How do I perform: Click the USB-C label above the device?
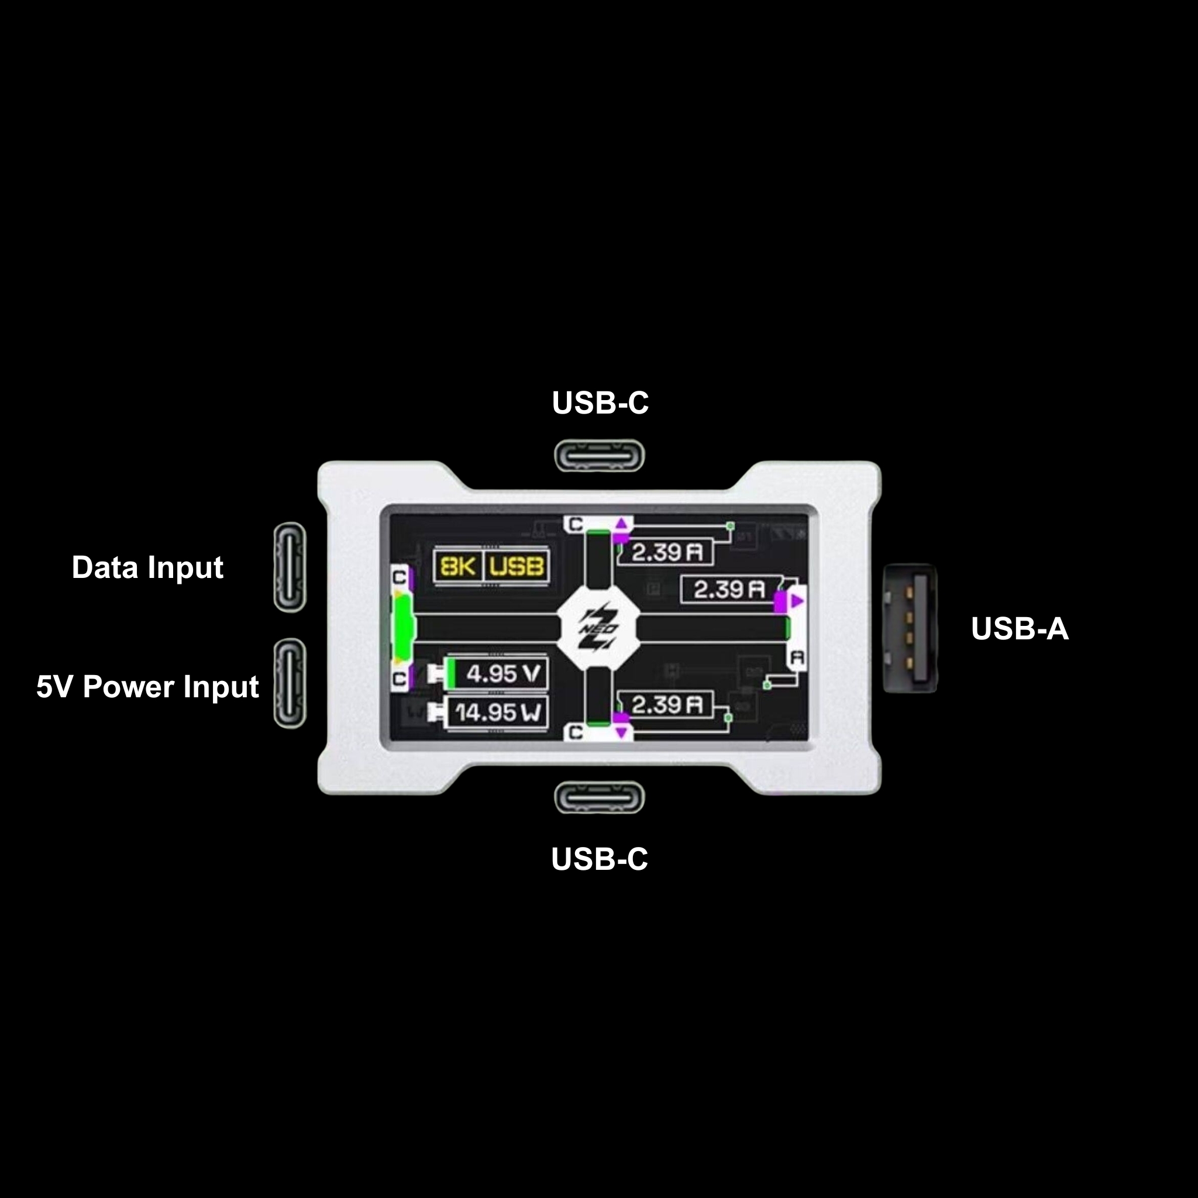tap(600, 403)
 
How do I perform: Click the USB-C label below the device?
tap(599, 859)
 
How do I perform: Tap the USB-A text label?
tap(1020, 629)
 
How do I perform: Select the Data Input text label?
tap(147, 567)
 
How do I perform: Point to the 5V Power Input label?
tap(147, 686)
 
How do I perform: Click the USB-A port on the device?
tap(910, 628)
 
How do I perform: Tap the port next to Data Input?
tap(290, 567)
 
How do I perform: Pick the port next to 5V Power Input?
tap(290, 683)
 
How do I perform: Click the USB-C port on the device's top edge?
tap(599, 456)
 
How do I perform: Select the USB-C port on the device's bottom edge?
tap(599, 797)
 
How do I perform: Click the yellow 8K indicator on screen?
tap(457, 566)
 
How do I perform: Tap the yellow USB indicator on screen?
tap(516, 566)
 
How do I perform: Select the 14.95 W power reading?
tap(498, 712)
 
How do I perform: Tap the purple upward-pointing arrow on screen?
tap(621, 525)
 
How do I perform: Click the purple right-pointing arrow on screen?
tap(797, 601)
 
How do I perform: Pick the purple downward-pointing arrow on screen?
tap(621, 733)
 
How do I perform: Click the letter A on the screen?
tap(797, 657)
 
